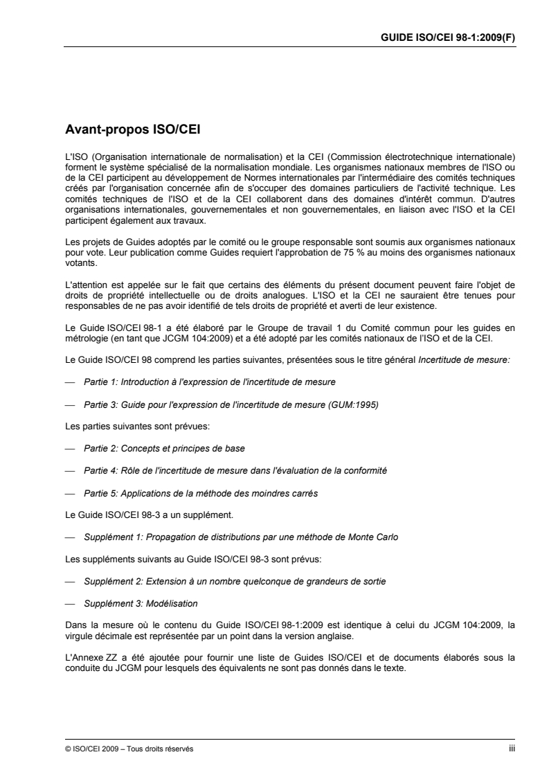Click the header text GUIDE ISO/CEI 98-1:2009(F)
coord(449,39)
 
